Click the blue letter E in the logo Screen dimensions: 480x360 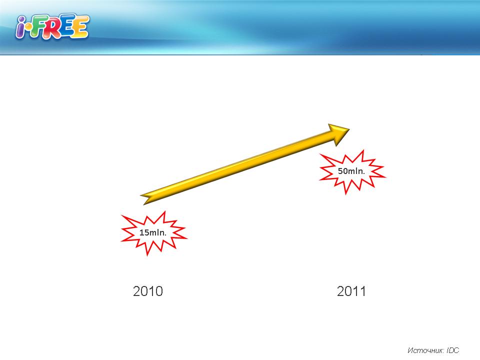pyautogui.click(x=67, y=26)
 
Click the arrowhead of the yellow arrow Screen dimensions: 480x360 pyautogui.click(x=340, y=133)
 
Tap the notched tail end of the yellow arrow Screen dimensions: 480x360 pyautogui.click(x=143, y=199)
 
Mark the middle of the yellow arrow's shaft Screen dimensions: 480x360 pyautogui.click(x=242, y=165)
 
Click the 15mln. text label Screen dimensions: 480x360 pyautogui.click(x=153, y=232)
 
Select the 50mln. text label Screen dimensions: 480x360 pyautogui.click(x=351, y=171)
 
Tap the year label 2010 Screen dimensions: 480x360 pyautogui.click(x=148, y=291)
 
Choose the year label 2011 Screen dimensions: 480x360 pyautogui.click(x=351, y=291)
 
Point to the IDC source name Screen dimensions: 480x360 pyautogui.click(x=453, y=350)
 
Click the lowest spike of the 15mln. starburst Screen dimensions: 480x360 pyautogui.click(x=147, y=254)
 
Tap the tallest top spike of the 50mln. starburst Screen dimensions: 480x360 pyautogui.click(x=363, y=151)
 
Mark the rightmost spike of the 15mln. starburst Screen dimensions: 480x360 pyautogui.click(x=186, y=238)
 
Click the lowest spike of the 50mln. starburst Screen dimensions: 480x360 pyautogui.click(x=346, y=193)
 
